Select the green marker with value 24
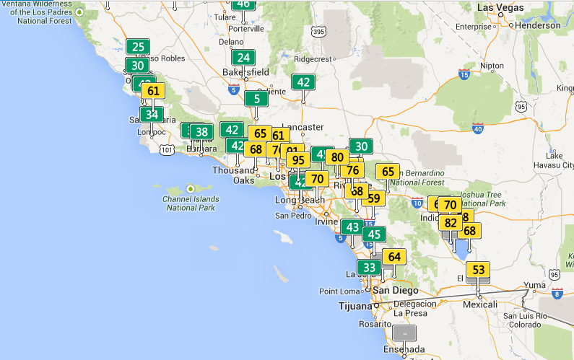pos(244,58)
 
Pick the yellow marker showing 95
pos(297,159)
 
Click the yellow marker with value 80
pos(336,157)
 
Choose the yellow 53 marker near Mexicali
pos(478,270)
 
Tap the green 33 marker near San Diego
pos(369,268)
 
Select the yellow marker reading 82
pos(451,223)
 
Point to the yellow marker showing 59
pos(373,198)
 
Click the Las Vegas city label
pos(500,7)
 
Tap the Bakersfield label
pos(244,72)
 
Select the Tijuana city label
pos(355,306)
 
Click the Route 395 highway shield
pos(318,32)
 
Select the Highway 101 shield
pos(168,149)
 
